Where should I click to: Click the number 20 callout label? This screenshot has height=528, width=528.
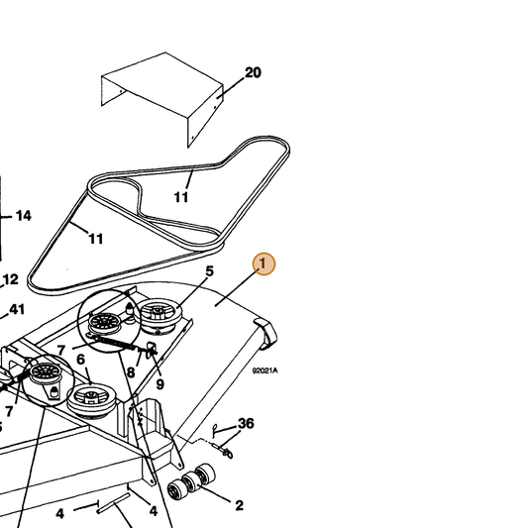click(253, 72)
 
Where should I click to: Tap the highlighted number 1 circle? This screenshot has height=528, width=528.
click(264, 264)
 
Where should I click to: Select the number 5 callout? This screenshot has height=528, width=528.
click(209, 271)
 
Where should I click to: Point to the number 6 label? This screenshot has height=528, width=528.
click(81, 360)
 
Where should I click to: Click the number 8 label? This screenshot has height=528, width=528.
click(131, 372)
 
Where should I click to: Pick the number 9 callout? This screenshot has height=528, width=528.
click(159, 384)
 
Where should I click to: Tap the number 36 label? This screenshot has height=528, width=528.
click(246, 424)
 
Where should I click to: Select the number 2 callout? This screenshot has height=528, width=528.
click(239, 505)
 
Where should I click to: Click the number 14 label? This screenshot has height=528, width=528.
click(24, 216)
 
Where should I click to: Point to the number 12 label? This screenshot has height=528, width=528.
click(11, 279)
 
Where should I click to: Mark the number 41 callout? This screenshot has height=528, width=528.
click(17, 309)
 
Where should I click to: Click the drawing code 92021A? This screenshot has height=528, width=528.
click(265, 370)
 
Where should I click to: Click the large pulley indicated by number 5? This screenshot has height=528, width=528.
click(158, 316)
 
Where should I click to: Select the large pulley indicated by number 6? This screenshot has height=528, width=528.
click(91, 401)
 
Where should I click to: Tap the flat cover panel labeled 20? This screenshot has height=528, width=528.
click(162, 99)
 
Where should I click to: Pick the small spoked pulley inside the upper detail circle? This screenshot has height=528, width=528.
click(105, 323)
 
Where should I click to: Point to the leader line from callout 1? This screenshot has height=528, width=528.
click(237, 287)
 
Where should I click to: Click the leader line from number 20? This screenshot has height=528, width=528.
click(231, 88)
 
